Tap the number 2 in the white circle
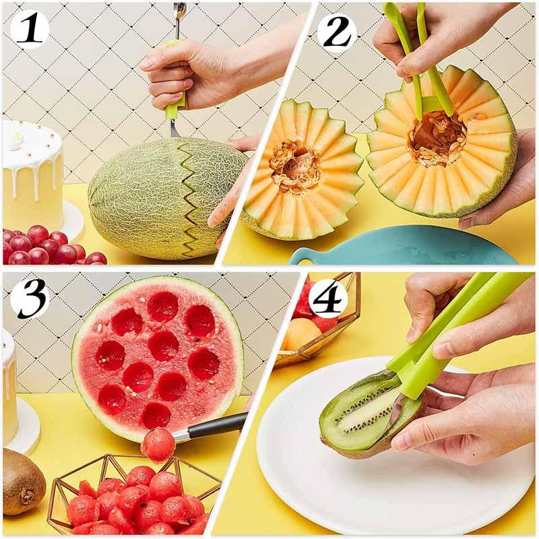(x=336, y=30)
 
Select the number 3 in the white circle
(x=28, y=297)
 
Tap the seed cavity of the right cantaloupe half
(x=438, y=138)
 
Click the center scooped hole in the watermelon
(x=164, y=345)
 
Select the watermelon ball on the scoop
(x=158, y=445)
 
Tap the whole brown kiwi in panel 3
(x=22, y=481)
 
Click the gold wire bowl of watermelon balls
(x=135, y=495)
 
